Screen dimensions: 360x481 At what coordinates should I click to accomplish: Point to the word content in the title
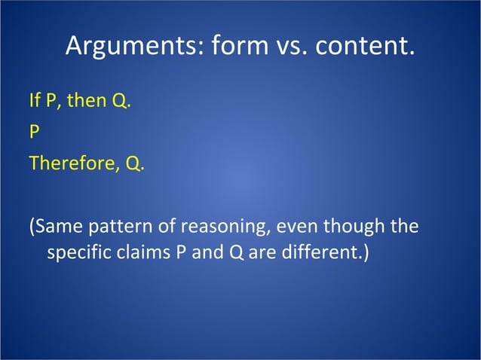[x=365, y=47]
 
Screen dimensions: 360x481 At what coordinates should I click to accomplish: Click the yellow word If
[x=34, y=101]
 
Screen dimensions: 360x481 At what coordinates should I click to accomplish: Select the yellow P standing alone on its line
[x=34, y=133]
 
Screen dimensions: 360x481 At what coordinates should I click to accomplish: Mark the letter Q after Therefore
[x=133, y=163]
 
